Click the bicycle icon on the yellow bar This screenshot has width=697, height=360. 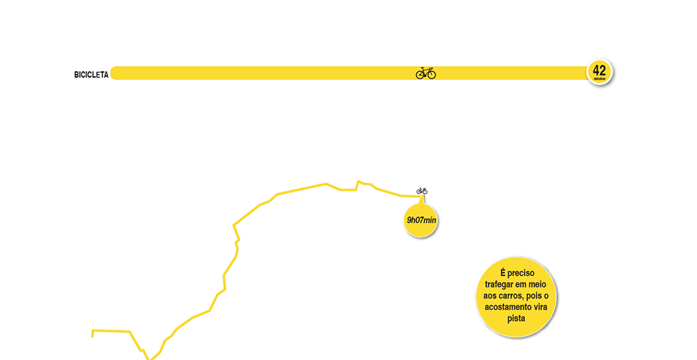[425, 73]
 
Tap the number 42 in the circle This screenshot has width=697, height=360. [599, 70]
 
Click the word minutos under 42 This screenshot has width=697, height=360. [599, 78]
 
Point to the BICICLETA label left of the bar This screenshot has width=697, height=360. [91, 74]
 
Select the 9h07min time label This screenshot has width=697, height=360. [421, 220]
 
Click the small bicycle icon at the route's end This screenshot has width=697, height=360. [422, 191]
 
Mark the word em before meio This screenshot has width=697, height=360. [526, 285]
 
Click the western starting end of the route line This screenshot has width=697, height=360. [92, 333]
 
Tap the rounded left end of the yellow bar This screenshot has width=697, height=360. [115, 73]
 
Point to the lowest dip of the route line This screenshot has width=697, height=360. [149, 358]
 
